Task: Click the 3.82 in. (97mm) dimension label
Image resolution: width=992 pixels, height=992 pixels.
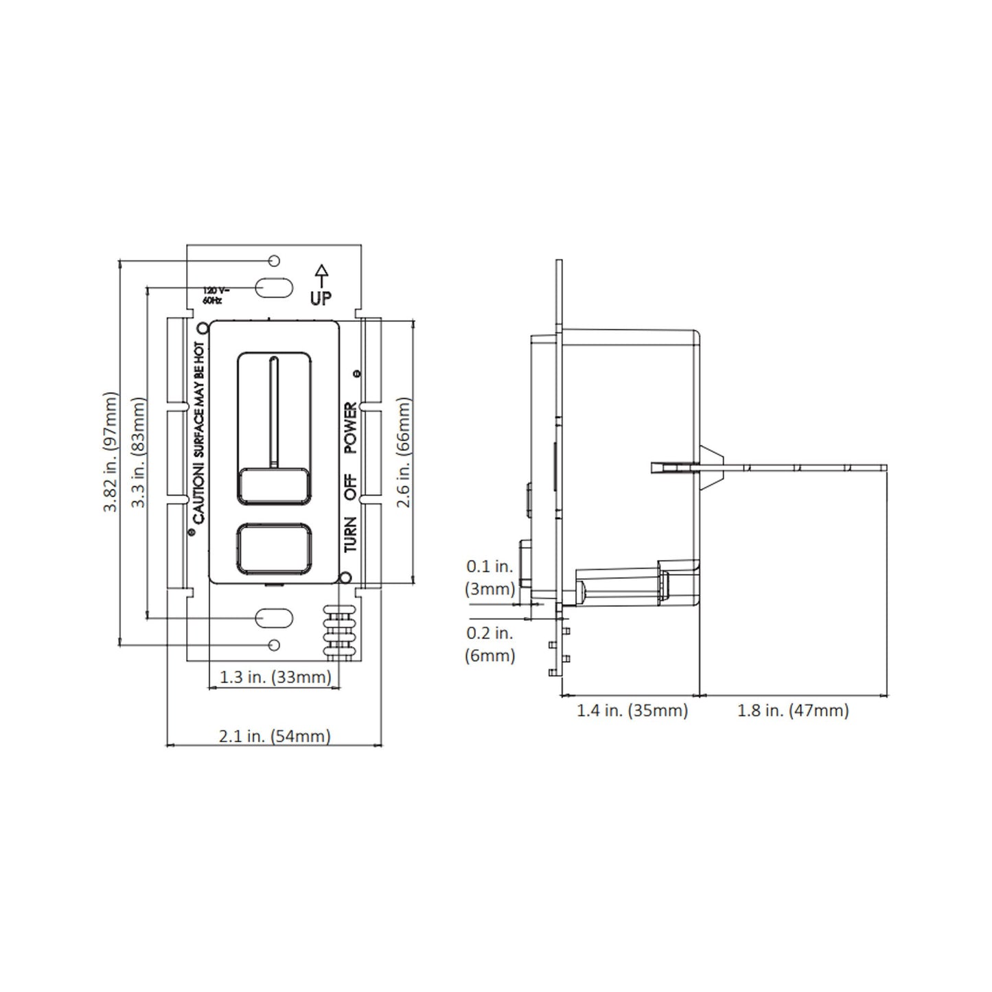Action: coord(111,452)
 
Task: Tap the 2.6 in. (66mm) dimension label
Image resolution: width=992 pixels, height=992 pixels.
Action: coord(404,452)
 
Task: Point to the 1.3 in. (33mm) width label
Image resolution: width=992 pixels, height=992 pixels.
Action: coord(275,677)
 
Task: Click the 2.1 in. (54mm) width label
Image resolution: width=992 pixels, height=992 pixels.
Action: coord(275,737)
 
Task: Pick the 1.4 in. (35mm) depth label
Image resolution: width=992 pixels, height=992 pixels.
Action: coord(632,711)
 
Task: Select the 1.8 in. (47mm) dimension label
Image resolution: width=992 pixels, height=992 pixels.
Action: coord(793,711)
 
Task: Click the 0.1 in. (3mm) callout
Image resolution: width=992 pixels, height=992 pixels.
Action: coord(489,577)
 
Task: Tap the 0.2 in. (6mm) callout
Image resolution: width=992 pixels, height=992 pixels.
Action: coord(489,644)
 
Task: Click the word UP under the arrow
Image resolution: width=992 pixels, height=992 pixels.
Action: coord(321,298)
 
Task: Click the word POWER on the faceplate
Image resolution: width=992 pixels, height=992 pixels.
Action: coord(350,427)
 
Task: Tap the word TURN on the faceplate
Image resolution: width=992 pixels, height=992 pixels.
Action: coord(350,534)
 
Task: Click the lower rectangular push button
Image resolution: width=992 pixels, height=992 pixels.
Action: coord(274,547)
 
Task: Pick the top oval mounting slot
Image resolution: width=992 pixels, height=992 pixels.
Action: coord(274,287)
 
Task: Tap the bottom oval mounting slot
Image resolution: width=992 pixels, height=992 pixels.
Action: coord(274,618)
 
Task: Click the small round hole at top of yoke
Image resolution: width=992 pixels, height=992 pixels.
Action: coord(274,261)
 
